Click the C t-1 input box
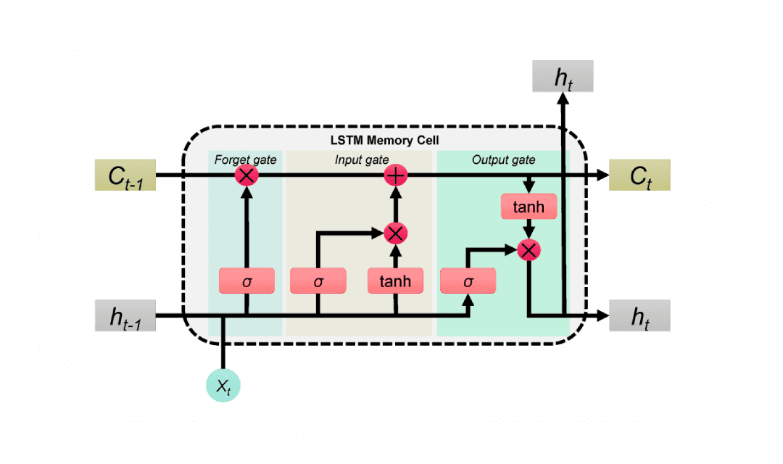coord(125,175)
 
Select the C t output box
coord(639,175)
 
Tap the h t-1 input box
coord(125,316)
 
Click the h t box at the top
coord(563,76)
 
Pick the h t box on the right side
coord(639,316)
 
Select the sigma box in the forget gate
coord(246,281)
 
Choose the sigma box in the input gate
coord(318,281)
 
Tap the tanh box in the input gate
coord(395,281)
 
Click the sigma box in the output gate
coord(468,281)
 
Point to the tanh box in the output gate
coord(529,207)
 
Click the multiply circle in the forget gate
coord(246,175)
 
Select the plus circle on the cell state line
coord(395,175)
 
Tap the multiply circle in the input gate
coord(395,233)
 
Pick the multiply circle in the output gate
coord(529,250)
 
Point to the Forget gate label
coord(245,159)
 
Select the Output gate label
coord(503,159)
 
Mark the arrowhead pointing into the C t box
coord(601,175)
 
